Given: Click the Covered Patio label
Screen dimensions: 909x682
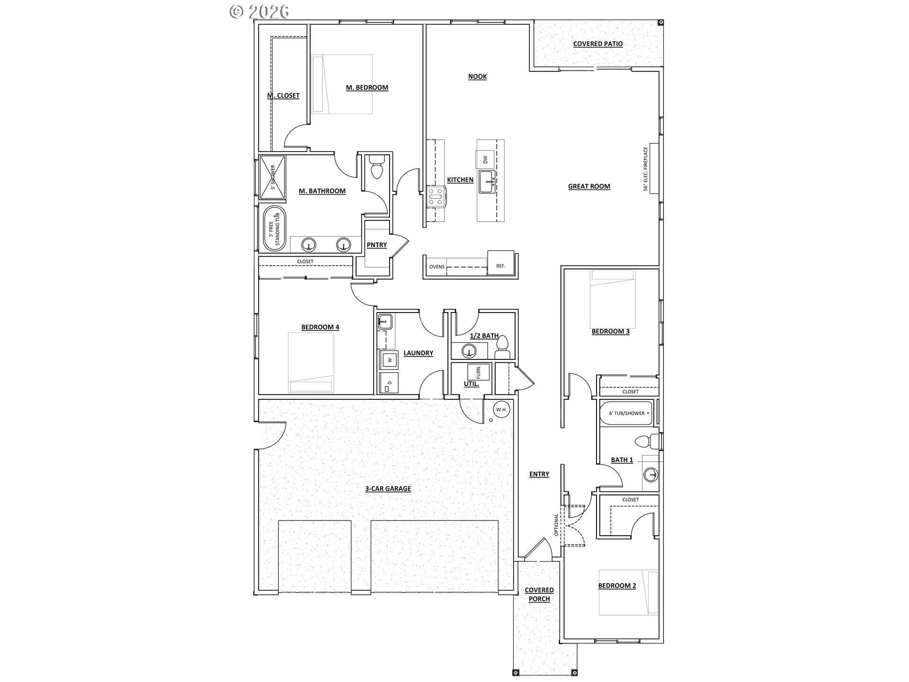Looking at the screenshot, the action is coord(598,44).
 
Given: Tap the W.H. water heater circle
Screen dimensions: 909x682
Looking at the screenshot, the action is coord(501,409).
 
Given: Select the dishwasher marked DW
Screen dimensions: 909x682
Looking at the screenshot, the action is coord(485,160).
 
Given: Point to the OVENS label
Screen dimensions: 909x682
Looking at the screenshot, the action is coord(437,267).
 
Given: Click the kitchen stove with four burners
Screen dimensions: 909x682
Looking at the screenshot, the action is coord(436,196).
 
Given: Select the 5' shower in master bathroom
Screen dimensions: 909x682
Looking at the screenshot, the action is coord(272,177).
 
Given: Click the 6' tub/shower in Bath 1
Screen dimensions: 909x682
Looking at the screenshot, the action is coord(626,413).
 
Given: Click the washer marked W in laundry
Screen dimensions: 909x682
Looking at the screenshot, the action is coord(390,360).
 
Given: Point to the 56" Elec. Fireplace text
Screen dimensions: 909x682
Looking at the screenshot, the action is coord(645,169).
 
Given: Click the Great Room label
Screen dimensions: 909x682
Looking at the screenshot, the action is coord(589,187).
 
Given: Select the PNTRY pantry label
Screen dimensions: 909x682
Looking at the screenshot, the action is coord(377,245).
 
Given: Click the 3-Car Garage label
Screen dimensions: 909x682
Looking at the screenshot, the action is coord(388,489).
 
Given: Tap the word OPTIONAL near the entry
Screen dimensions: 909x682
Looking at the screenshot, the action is coord(556,525).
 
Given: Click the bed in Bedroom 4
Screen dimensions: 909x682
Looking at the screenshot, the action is coord(311,362).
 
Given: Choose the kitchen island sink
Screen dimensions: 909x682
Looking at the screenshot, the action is coord(488,182).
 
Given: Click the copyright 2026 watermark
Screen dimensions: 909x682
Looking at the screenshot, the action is coord(259,11).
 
